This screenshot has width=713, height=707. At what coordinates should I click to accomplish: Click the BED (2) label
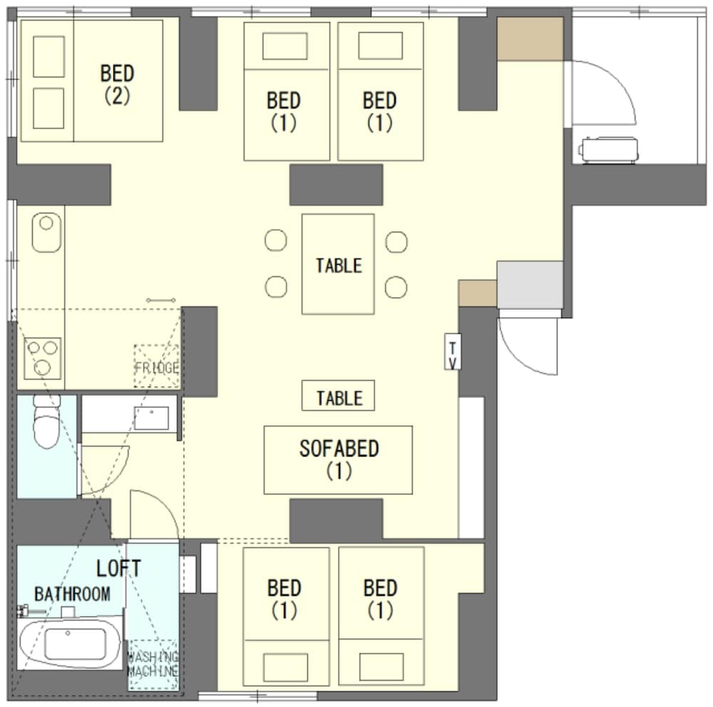118,85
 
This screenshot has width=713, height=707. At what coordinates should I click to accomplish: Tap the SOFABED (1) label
339,459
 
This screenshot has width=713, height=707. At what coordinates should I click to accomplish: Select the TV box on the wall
453,351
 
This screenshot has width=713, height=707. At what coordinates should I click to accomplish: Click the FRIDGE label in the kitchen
156,367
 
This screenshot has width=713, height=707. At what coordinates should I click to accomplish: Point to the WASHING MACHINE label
153,663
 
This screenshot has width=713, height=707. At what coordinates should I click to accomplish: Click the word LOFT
118,568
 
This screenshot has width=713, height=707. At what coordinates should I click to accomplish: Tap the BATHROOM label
72,594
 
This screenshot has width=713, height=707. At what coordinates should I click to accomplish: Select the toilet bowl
47,422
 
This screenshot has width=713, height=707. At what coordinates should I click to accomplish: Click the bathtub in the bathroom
70,644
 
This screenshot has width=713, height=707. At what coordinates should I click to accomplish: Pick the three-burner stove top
42,358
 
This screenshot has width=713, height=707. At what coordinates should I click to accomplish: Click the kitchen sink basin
46,232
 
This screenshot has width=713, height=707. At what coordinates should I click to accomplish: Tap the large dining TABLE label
339,265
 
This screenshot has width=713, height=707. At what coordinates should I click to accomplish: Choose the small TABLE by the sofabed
338,396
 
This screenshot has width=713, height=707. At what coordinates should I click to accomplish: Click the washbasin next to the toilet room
151,419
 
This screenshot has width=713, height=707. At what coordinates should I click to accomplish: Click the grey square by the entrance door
530,285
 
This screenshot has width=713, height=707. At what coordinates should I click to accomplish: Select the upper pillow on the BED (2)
48,56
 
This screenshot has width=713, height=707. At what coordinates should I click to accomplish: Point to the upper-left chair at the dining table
275,240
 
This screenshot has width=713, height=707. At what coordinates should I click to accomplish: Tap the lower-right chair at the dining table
396,287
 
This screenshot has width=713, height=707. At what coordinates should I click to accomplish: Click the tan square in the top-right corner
530,39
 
